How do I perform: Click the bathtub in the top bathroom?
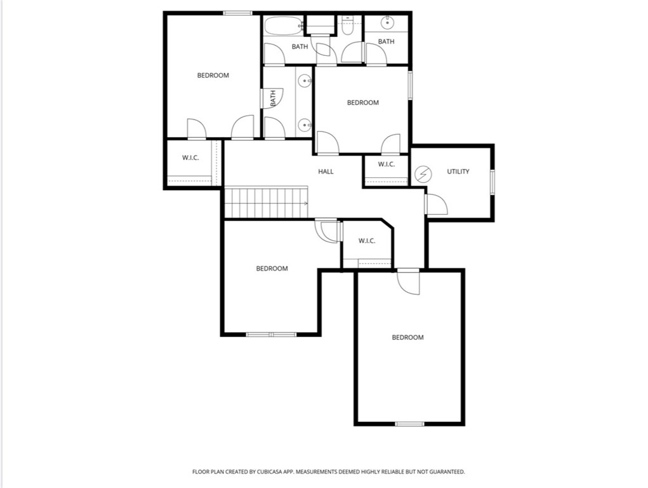[283, 26]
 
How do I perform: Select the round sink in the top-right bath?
[387, 23]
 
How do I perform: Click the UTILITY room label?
[458, 172]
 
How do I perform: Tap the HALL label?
[326, 172]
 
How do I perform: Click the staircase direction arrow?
[305, 203]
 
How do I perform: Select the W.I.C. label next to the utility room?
[386, 165]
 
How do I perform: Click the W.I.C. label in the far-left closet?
[190, 158]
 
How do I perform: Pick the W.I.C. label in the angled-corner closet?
[367, 241]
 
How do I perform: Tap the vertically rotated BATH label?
[273, 98]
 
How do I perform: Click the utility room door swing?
[436, 205]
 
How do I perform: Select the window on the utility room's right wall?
[492, 180]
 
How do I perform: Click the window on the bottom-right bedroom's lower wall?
[409, 424]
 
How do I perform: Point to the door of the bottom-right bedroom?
[409, 281]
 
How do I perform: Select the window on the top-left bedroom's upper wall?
[238, 13]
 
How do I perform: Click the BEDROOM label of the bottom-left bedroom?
[272, 269]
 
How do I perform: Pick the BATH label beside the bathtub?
[300, 46]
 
